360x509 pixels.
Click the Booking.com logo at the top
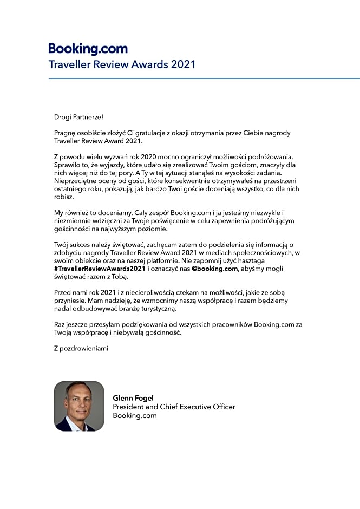point(88,49)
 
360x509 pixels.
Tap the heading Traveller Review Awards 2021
point(122,64)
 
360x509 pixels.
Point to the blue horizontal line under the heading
point(204,79)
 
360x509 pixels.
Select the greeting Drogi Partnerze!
point(78,117)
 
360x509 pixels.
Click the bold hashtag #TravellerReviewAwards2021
point(100,269)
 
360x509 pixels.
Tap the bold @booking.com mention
point(215,269)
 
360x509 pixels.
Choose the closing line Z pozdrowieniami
point(81,348)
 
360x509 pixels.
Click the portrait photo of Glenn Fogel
point(79,406)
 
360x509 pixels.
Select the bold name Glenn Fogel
point(133,398)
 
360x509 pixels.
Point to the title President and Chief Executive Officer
point(174,407)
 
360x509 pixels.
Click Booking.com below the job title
point(135,415)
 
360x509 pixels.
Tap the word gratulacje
point(154,133)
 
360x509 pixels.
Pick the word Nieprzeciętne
point(76,180)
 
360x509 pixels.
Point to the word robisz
point(64,197)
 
